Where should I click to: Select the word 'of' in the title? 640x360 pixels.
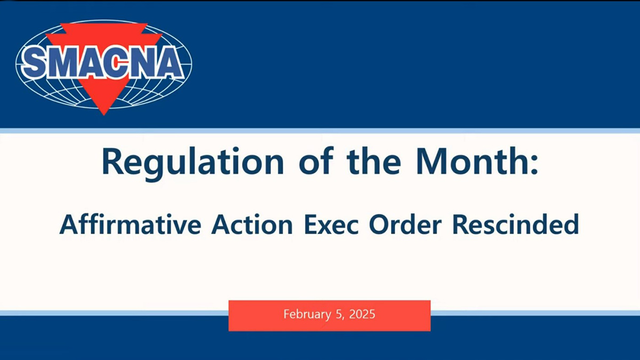pos(316,161)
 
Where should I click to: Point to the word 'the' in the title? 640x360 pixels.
pos(374,161)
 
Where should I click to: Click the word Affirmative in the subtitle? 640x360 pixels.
pos(130,225)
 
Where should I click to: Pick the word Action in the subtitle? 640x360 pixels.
pos(252,225)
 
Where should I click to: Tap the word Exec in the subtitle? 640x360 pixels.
pos(331,225)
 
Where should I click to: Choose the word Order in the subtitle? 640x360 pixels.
pos(405,225)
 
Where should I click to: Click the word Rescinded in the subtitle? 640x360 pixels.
pos(516,225)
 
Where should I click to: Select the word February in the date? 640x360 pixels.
pos(307,315)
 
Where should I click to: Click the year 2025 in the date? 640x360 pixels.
pos(362,314)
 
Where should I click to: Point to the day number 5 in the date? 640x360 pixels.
pos(339,314)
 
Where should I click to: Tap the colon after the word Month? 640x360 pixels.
pos(534,165)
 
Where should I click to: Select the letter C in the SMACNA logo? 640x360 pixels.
pos(116,63)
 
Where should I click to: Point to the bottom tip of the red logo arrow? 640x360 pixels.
pos(103,115)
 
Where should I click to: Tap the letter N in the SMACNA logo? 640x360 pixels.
pos(142,63)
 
